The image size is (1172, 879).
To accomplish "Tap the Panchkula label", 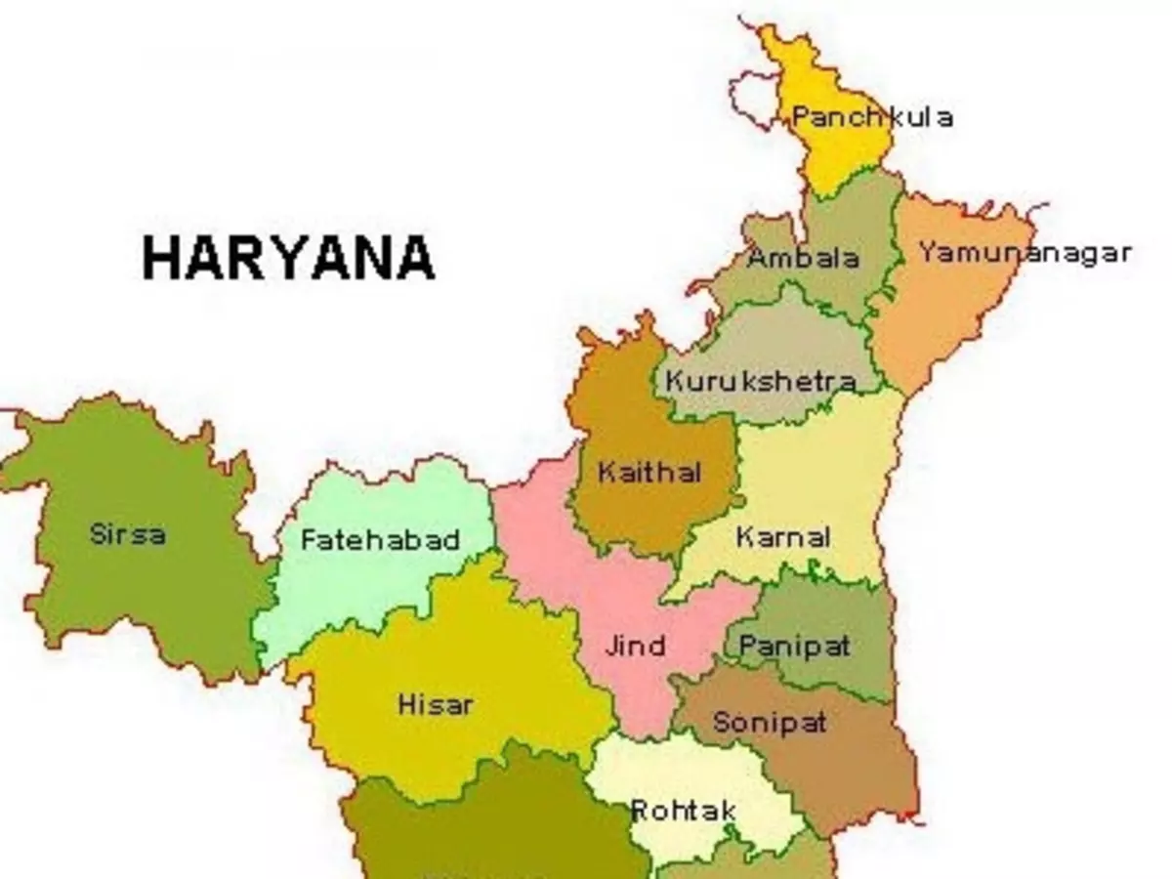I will [x=871, y=118].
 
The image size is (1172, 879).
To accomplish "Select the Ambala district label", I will [x=803, y=259].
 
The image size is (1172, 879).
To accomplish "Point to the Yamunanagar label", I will [x=1025, y=253].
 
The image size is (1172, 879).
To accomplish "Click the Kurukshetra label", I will [x=760, y=382].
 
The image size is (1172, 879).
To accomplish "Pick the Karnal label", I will [x=783, y=537].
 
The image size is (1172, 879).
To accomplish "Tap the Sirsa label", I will [x=127, y=534].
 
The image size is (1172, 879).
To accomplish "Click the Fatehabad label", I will [x=380, y=540].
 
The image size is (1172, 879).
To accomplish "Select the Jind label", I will [x=635, y=646].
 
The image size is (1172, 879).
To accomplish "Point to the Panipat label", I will [x=794, y=646].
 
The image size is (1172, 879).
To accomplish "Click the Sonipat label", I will [x=770, y=723].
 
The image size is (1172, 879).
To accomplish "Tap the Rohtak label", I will [x=684, y=811].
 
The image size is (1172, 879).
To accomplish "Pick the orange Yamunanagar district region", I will [x=938, y=313].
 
